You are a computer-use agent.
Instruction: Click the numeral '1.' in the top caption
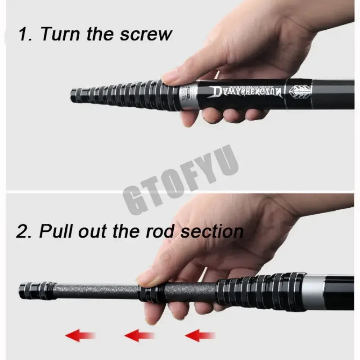coord(25,34)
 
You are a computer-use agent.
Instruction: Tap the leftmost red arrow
coord(81,335)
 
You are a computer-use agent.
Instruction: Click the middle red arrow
coord(139,335)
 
